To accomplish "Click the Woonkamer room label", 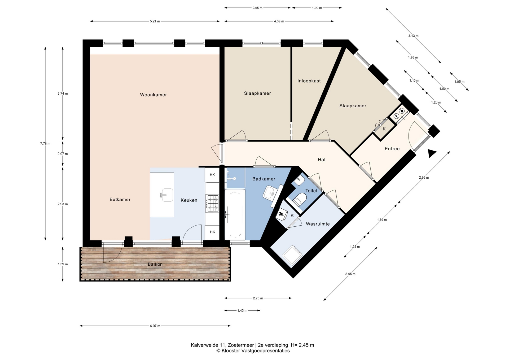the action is (x=153, y=95).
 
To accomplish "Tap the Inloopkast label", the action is (x=309, y=81).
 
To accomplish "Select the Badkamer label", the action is (x=264, y=179).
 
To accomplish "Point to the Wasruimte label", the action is (x=318, y=224).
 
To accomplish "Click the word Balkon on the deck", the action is (x=155, y=264).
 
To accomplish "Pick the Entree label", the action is (x=392, y=149).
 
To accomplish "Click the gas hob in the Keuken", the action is (x=212, y=203).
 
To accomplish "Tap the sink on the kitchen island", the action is (x=167, y=195).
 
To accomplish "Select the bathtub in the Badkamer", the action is (x=235, y=215).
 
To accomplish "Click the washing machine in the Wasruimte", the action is (x=292, y=255).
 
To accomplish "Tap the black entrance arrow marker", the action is (x=432, y=153).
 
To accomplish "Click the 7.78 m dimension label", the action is (x=45, y=144).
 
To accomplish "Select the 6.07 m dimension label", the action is (x=155, y=326).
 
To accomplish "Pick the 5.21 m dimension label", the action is (x=155, y=21).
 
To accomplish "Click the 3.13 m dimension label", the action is (x=413, y=36).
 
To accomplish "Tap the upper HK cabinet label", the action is (x=212, y=175).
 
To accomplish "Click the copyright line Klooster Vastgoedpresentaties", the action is (x=253, y=351).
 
